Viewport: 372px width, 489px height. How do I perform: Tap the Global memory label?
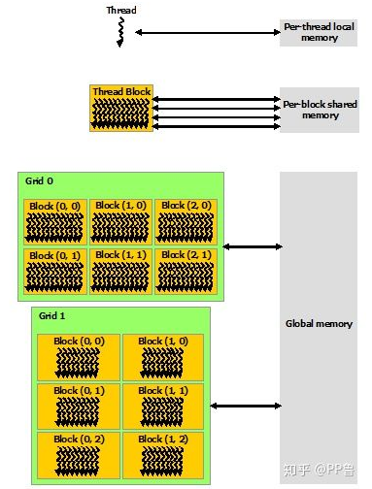(319, 323)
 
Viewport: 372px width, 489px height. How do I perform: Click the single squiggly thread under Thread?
(121, 33)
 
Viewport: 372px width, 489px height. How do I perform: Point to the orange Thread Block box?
(120, 108)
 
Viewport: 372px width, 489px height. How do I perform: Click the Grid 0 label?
(40, 180)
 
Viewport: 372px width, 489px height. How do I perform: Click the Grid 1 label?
(53, 315)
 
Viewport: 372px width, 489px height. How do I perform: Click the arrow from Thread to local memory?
(207, 32)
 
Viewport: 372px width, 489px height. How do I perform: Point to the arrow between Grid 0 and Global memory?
(252, 246)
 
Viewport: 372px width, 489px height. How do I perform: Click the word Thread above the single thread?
(121, 10)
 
